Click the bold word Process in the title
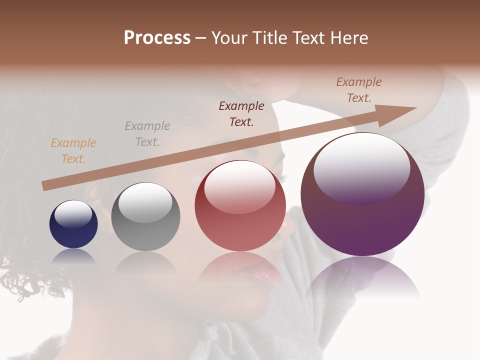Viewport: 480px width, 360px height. coord(157,38)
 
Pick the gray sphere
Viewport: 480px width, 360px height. coord(145,217)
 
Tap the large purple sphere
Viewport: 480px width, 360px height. coord(362,194)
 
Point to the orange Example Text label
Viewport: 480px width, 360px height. coord(73,151)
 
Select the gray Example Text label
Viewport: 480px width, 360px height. coord(147,134)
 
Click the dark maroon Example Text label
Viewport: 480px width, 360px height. coord(241,113)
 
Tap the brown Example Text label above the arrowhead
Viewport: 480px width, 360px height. coord(359,90)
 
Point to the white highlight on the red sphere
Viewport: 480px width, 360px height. coord(239,185)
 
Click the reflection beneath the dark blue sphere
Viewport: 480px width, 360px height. coord(73,256)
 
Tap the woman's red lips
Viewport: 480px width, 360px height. coord(265,272)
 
